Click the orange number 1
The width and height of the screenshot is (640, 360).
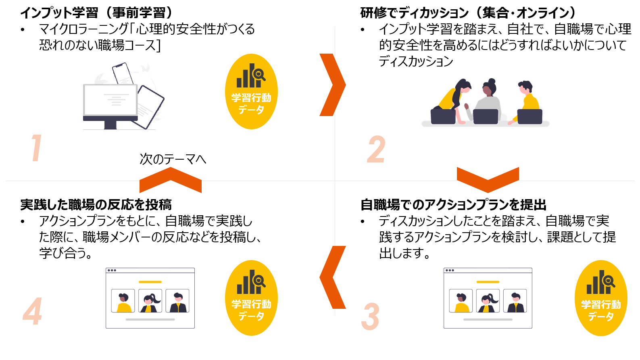click(x=37, y=148)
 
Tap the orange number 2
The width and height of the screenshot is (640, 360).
click(x=376, y=149)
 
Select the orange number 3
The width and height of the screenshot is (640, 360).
click(x=370, y=317)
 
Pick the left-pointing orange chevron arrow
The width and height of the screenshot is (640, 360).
click(x=332, y=277)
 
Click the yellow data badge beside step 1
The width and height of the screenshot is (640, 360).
click(x=251, y=92)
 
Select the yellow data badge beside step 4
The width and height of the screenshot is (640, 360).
click(x=251, y=298)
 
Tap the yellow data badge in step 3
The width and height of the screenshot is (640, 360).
click(x=601, y=298)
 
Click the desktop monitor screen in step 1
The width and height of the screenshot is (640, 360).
click(x=110, y=100)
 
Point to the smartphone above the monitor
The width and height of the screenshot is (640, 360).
click(x=123, y=73)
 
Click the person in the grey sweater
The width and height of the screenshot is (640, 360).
click(x=488, y=101)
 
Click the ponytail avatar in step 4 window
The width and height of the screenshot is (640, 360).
click(x=150, y=301)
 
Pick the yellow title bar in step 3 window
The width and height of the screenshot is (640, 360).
click(x=488, y=282)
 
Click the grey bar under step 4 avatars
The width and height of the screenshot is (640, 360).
click(x=150, y=320)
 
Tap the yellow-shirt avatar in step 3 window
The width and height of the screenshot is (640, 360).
click(x=461, y=301)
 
